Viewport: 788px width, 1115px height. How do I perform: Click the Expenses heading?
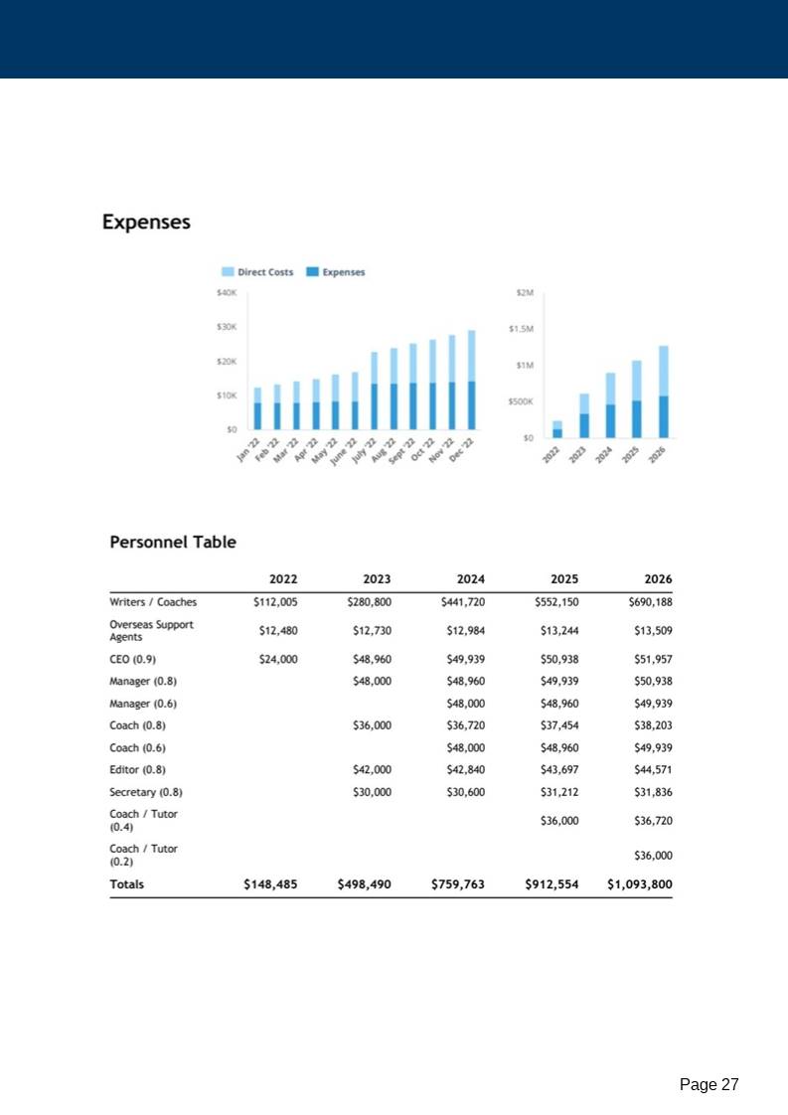[x=146, y=223]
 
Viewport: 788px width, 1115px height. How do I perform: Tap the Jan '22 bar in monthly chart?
[x=257, y=408]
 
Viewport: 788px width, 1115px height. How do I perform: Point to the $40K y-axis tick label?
[x=226, y=293]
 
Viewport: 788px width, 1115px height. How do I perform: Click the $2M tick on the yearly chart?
[x=525, y=293]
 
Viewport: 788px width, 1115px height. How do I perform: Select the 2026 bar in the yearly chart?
[x=663, y=392]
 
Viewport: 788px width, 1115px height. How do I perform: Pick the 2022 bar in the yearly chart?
[x=557, y=429]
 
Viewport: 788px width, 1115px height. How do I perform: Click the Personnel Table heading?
[x=173, y=543]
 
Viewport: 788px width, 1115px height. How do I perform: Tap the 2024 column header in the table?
[x=470, y=579]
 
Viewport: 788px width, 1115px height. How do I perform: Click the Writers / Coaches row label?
[x=153, y=601]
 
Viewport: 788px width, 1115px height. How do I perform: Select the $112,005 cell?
[x=277, y=601]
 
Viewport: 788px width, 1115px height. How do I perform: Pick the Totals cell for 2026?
[x=639, y=883]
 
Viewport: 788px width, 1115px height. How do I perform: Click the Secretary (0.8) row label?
[x=146, y=792]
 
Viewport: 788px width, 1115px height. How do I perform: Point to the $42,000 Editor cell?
[x=372, y=769]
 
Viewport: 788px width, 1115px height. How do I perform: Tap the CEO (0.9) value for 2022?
[x=277, y=658]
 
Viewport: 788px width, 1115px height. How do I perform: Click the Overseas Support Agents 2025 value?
[x=559, y=630]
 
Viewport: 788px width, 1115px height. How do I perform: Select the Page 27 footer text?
[x=709, y=1085]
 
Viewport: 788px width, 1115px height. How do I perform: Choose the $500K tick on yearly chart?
[x=521, y=401]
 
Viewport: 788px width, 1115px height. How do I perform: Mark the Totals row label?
[x=126, y=883]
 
